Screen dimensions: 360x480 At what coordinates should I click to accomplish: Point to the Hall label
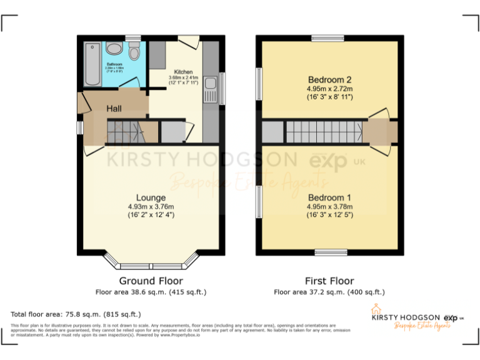(114, 109)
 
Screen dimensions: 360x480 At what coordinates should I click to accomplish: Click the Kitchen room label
(183, 72)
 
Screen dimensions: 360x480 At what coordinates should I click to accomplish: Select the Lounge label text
(151, 198)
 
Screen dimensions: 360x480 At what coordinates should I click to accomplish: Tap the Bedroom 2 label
(329, 79)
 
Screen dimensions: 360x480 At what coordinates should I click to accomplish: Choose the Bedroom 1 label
(329, 197)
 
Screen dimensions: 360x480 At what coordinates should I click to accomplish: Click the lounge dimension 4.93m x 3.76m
(151, 207)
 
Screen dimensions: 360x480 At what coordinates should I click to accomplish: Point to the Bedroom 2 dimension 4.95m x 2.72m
(329, 89)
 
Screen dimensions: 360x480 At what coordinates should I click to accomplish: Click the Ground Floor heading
(151, 281)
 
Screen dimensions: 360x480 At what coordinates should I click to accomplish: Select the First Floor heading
(329, 281)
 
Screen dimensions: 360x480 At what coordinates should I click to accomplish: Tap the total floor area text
(76, 314)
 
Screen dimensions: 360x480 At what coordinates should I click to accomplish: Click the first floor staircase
(324, 132)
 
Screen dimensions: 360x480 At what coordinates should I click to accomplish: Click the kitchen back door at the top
(188, 40)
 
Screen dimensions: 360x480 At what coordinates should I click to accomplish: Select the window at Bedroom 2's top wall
(328, 39)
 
